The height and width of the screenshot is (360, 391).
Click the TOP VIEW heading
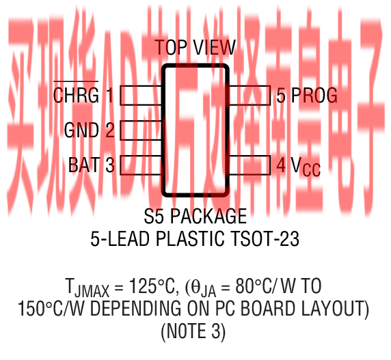pyautogui.click(x=195, y=47)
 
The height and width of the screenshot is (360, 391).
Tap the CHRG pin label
pyautogui.click(x=76, y=95)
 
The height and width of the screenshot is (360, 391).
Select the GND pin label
pyautogui.click(x=81, y=130)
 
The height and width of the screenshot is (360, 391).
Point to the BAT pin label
pyautogui.click(x=84, y=165)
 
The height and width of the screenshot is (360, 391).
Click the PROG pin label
pyautogui.click(x=314, y=95)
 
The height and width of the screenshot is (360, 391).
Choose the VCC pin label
pyautogui.click(x=306, y=167)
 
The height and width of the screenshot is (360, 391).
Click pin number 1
pyautogui.click(x=110, y=95)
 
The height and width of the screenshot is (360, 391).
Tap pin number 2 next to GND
pyautogui.click(x=110, y=130)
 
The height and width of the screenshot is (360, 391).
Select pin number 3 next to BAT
pyautogui.click(x=110, y=165)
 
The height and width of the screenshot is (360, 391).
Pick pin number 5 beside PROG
pyautogui.click(x=281, y=95)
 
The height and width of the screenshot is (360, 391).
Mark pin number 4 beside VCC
pyautogui.click(x=281, y=165)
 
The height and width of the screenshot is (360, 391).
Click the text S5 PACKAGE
pyautogui.click(x=195, y=216)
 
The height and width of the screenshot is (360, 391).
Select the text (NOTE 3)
pyautogui.click(x=193, y=331)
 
